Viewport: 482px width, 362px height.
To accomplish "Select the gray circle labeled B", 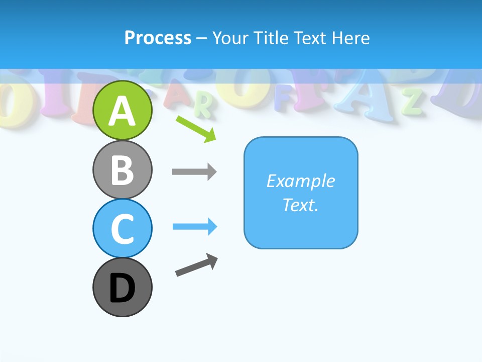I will (123, 170).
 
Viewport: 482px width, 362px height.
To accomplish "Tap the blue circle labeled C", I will (123, 228).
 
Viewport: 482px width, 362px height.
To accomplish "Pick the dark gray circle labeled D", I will (123, 288).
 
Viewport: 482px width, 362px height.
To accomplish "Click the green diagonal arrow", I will (196, 129).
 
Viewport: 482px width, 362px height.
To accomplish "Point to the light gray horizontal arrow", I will (194, 171).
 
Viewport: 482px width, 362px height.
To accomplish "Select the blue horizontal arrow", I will (194, 227).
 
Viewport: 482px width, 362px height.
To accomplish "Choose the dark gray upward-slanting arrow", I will (196, 264).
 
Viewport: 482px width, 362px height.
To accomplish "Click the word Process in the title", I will (158, 38).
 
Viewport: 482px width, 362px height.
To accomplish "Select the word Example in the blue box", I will (300, 181).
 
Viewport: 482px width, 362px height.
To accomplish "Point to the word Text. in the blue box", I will (300, 205).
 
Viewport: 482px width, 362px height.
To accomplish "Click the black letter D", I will (123, 289).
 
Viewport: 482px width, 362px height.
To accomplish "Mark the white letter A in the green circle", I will (123, 111).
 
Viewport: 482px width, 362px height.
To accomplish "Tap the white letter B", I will (123, 170).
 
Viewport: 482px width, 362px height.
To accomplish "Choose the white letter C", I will (123, 229).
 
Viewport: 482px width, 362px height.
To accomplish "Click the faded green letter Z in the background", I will (413, 101).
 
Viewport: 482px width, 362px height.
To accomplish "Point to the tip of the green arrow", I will (215, 141).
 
